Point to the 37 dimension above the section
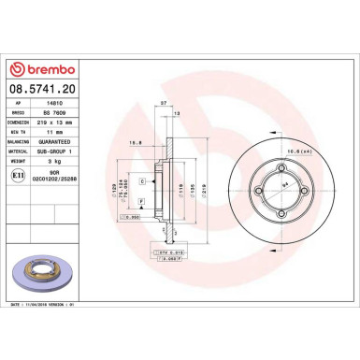pyautogui.click(x=164, y=103)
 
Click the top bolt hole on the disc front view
pyautogui.click(x=262, y=170)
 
